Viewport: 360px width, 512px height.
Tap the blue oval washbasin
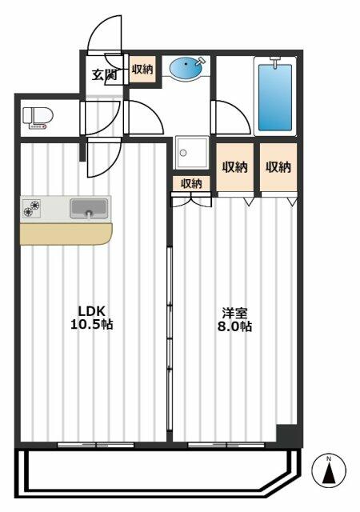(186, 68)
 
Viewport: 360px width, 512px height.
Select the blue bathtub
(274, 98)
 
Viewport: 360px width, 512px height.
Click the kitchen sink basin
(89, 208)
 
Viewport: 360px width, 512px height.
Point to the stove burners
(31, 208)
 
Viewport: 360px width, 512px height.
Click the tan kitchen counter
(66, 234)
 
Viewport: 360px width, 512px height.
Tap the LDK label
(91, 311)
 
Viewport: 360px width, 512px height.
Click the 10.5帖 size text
(92, 325)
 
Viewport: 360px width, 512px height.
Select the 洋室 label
(234, 313)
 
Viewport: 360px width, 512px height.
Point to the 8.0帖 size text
(234, 326)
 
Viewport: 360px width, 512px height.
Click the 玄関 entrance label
(104, 75)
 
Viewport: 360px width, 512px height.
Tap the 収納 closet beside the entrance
(142, 70)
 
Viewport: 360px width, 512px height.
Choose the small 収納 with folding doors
(191, 183)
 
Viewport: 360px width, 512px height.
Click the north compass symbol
(329, 471)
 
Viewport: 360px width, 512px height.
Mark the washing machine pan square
(192, 153)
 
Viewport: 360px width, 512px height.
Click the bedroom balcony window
(226, 445)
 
